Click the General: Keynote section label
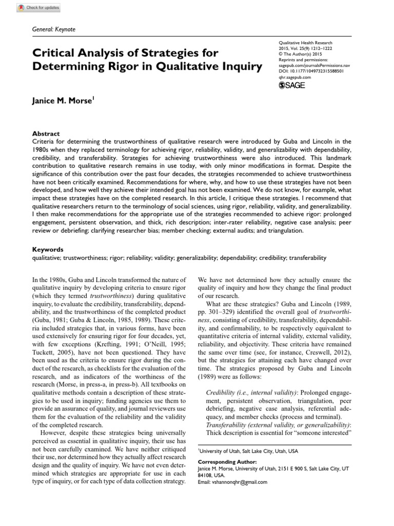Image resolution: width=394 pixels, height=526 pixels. [53, 30]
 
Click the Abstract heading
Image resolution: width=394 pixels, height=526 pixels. [46, 133]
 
